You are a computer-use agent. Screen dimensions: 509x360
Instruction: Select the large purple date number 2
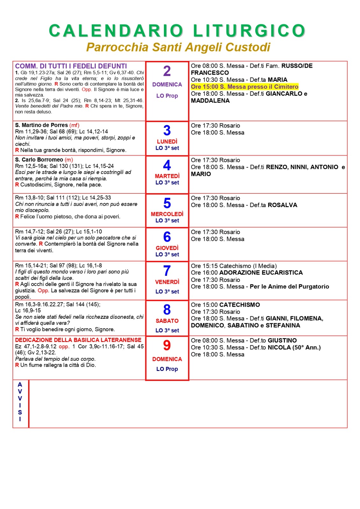167,71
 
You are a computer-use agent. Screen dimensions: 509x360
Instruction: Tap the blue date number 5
167,203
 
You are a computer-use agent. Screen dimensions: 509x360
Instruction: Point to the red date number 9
167,345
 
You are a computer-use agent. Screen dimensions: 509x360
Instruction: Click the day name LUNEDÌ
167,141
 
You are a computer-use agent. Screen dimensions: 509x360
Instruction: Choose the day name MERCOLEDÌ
167,214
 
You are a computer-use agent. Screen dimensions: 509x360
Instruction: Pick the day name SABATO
167,321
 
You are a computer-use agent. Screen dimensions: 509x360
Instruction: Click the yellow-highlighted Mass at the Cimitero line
244,87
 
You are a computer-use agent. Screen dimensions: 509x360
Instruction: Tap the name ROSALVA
282,205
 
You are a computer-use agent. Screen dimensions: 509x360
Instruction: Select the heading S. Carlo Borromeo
39,160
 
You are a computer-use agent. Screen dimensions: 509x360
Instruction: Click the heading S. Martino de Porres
41,125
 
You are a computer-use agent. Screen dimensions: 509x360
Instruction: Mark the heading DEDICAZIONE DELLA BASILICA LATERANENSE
78,340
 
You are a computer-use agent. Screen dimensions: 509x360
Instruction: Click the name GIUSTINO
282,340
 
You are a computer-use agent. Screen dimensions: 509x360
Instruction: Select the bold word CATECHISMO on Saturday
240,305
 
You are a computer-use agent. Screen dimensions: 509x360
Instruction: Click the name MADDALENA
210,101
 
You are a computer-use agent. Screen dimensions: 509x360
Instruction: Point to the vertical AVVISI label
20,402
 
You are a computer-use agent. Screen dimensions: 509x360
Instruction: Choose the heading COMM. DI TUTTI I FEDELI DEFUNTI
71,66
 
